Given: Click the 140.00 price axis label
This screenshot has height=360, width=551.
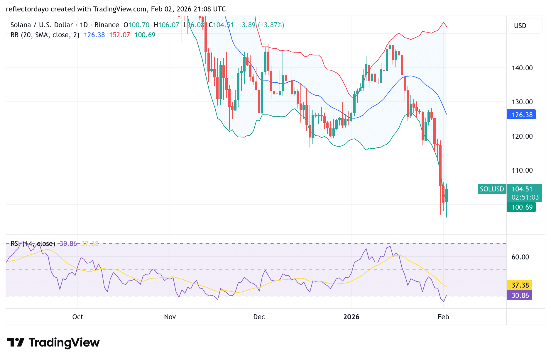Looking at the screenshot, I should point(522,68).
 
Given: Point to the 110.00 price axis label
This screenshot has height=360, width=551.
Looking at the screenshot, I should point(522,170).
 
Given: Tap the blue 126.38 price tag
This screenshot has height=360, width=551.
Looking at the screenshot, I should point(521,115).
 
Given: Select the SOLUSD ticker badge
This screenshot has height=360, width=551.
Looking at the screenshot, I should point(492,189).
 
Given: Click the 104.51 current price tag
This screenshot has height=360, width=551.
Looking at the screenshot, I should point(522,189).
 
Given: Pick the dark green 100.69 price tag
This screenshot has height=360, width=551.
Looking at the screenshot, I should point(521,207).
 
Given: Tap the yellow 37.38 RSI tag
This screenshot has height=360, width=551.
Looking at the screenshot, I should point(520,285).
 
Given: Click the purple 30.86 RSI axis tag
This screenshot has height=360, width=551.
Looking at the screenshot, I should point(520,295).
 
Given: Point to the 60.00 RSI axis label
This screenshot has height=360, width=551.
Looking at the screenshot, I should point(520,257).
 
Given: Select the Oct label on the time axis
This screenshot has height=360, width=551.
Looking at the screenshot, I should point(78,317).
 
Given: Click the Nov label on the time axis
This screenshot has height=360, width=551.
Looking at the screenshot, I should point(170,317).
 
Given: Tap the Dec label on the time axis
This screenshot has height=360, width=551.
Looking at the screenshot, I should point(259,317).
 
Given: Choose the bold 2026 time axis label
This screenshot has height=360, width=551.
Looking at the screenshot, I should point(351,317).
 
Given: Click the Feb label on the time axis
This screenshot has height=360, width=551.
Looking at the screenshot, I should point(443,317).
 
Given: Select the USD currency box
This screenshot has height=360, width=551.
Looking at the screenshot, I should point(520,26).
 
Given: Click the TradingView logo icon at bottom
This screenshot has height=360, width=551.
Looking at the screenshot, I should point(16,342).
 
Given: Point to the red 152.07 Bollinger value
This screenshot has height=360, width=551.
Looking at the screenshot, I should point(119,35).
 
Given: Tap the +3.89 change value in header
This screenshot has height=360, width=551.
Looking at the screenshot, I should point(247,25).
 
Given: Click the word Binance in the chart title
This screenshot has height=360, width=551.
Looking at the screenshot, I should point(107,25).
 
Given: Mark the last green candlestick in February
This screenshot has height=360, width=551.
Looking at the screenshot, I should point(447,196).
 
